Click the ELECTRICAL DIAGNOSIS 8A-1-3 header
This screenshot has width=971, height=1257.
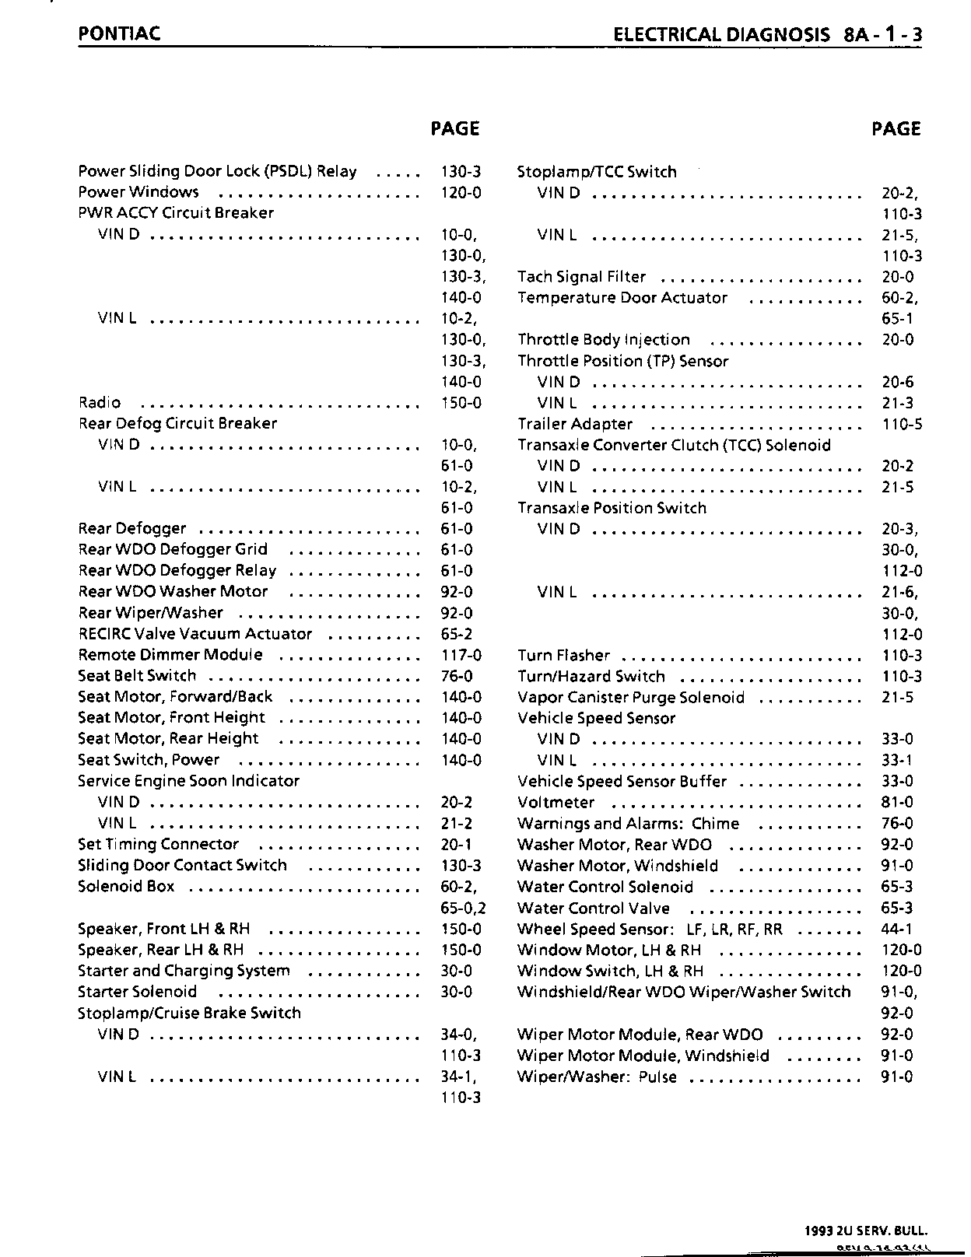point(767,34)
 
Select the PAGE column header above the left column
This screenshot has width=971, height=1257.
point(454,128)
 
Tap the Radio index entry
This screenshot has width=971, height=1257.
point(100,402)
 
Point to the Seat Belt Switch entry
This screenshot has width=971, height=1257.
point(137,676)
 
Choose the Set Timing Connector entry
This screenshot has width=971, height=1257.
point(159,844)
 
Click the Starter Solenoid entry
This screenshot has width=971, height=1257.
point(137,992)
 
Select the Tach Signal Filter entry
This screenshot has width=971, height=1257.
point(581,277)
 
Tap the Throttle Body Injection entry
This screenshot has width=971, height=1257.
point(604,340)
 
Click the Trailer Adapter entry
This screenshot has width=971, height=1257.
point(575,424)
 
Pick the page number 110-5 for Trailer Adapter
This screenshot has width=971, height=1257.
point(902,424)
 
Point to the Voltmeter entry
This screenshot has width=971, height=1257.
point(556,802)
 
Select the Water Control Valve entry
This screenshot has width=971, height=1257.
point(593,908)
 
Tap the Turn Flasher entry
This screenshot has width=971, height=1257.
point(563,656)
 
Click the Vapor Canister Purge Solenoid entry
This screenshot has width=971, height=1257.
point(631,698)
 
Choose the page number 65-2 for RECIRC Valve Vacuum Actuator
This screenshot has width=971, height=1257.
point(456,634)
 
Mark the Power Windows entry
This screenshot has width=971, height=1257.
point(138,192)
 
